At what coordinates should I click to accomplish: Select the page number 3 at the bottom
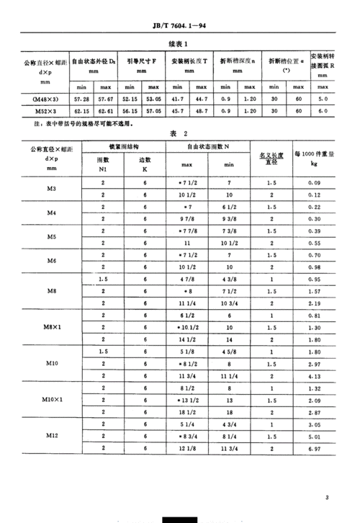(x=326, y=497)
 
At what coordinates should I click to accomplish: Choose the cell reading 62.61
(x=109, y=112)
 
